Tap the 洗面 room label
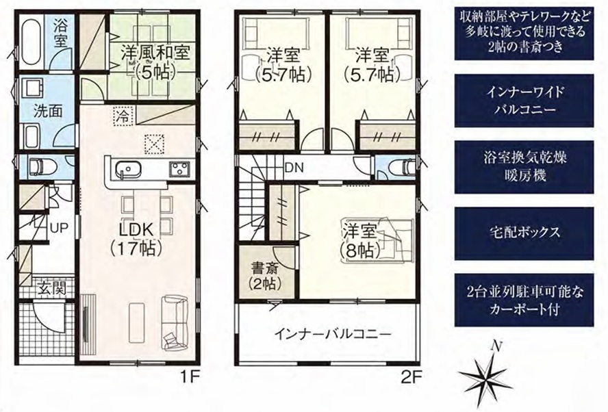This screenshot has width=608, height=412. (48, 112)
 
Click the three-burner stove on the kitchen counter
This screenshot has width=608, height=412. (179, 169)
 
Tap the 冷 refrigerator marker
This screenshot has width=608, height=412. (123, 116)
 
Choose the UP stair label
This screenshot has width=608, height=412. (59, 229)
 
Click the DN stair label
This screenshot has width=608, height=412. (294, 168)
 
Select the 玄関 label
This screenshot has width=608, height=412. (52, 288)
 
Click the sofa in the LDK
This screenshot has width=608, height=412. (175, 321)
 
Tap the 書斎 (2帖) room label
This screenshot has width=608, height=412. (266, 276)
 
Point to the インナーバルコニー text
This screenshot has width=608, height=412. (332, 334)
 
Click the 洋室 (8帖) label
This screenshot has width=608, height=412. (359, 243)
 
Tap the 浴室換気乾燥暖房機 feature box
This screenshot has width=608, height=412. (524, 167)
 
